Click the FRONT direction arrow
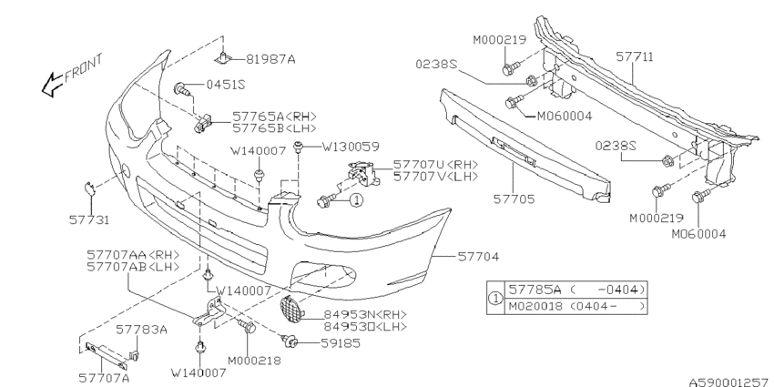(52, 85)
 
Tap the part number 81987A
(270, 59)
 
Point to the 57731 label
(89, 219)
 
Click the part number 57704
(478, 257)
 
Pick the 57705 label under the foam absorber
(514, 199)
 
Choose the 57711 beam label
(635, 57)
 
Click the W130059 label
(351, 147)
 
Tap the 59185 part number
(341, 343)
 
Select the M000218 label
(254, 361)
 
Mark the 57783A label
(142, 330)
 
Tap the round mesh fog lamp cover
(291, 311)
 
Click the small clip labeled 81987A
(223, 57)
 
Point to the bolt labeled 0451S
(181, 89)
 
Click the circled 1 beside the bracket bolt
(356, 200)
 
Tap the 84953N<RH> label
(365, 314)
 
